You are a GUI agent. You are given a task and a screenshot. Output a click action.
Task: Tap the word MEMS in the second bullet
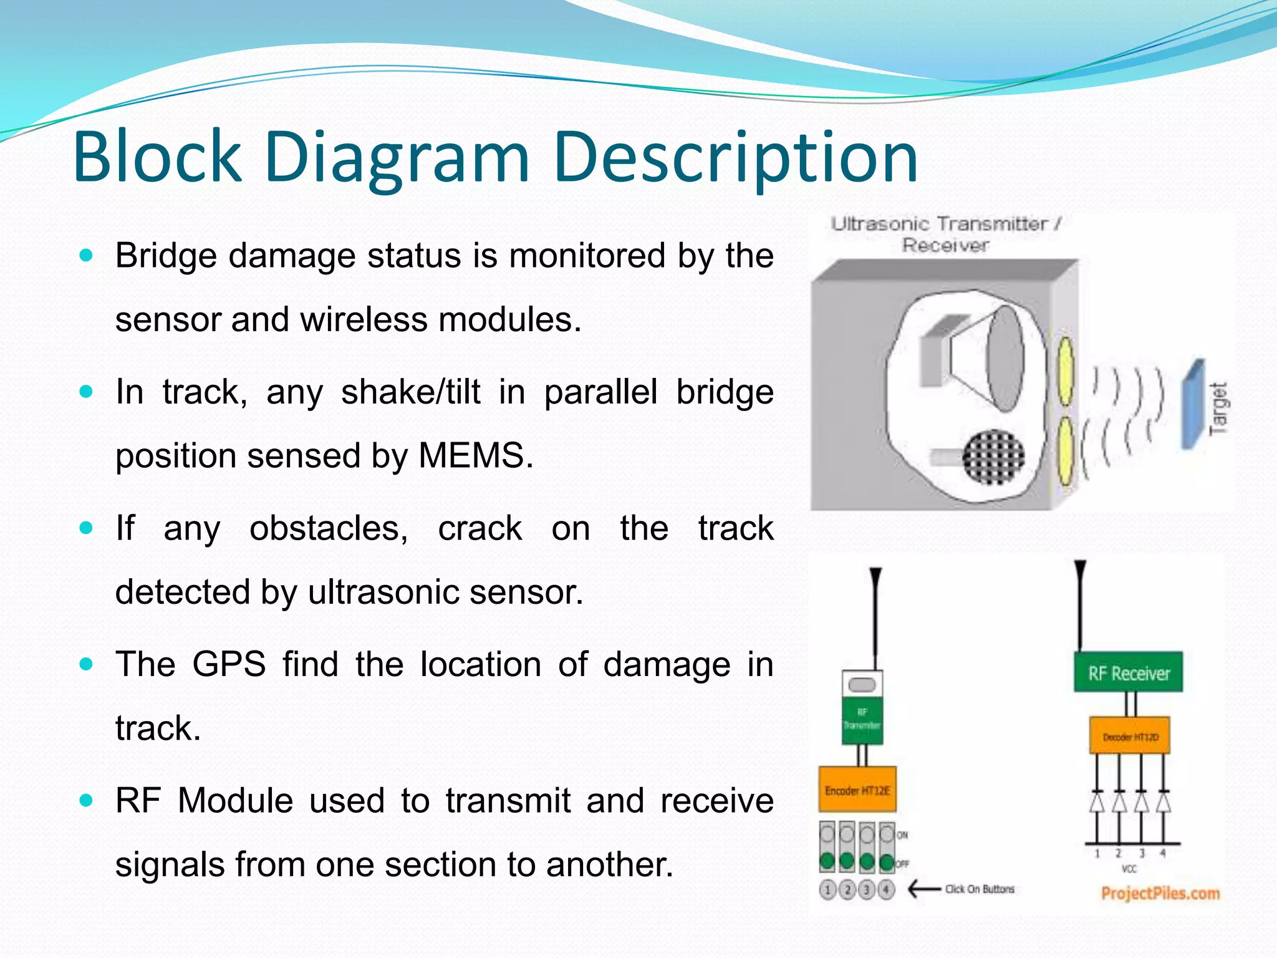475,455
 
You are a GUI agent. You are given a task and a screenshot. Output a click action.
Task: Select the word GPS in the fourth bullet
229,664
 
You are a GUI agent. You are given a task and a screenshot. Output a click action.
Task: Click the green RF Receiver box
1128,672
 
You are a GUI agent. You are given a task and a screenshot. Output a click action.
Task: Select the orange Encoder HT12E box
857,790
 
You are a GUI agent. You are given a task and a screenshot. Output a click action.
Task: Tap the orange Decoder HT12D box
1129,737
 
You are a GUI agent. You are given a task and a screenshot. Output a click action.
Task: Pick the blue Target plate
1193,404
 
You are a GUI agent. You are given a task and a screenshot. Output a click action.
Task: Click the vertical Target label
1218,408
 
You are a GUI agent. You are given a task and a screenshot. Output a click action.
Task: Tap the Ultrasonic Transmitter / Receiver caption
945,234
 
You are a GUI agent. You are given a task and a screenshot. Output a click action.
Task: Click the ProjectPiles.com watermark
1160,893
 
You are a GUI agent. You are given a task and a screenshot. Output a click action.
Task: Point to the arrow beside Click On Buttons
923,889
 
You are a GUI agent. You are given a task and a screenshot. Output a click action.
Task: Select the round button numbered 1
827,889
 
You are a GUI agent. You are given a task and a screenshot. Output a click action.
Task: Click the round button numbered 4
886,889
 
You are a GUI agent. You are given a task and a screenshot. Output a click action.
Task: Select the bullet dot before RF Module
87,800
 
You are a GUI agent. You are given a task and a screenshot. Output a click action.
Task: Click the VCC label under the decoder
1129,869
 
